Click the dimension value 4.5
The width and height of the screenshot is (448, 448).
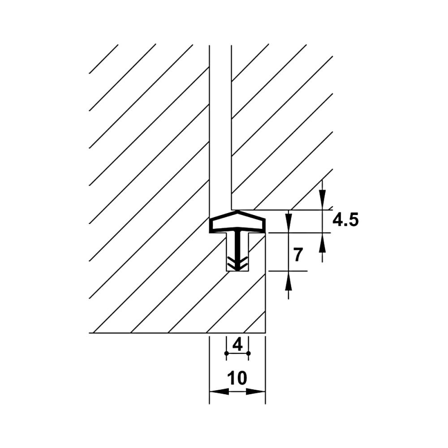coord(345,220)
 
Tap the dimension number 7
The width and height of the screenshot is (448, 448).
coord(298,255)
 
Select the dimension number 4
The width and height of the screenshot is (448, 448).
coord(237,345)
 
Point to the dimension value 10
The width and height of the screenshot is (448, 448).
coord(237,378)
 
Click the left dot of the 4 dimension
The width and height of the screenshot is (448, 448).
coord(227,353)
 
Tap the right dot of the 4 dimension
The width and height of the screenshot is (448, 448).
coord(248,353)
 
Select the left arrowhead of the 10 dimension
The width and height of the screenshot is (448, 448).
coord(219,392)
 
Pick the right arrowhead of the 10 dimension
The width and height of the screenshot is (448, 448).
coord(256,392)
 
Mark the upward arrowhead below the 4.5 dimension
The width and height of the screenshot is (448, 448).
coord(322,242)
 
